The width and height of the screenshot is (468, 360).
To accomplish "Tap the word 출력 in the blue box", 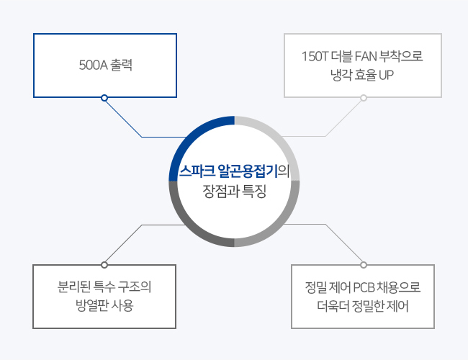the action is click(122, 65).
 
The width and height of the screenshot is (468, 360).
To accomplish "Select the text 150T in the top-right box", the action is click(315, 56).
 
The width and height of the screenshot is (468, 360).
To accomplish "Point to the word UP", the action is click(386, 75).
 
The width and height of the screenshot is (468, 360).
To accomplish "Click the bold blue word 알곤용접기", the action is click(248, 171).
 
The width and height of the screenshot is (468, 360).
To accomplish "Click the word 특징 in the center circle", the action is click(253, 191).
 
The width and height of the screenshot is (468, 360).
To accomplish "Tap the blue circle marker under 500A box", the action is click(104, 98).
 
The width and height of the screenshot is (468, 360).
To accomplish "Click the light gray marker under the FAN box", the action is click(363, 98).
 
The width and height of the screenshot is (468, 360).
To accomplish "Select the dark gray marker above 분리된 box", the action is click(104, 265).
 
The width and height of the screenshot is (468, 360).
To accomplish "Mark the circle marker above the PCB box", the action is click(363, 265).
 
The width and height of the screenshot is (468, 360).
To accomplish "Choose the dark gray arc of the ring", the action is click(189, 228).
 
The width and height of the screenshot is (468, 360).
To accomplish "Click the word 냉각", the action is click(341, 75).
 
